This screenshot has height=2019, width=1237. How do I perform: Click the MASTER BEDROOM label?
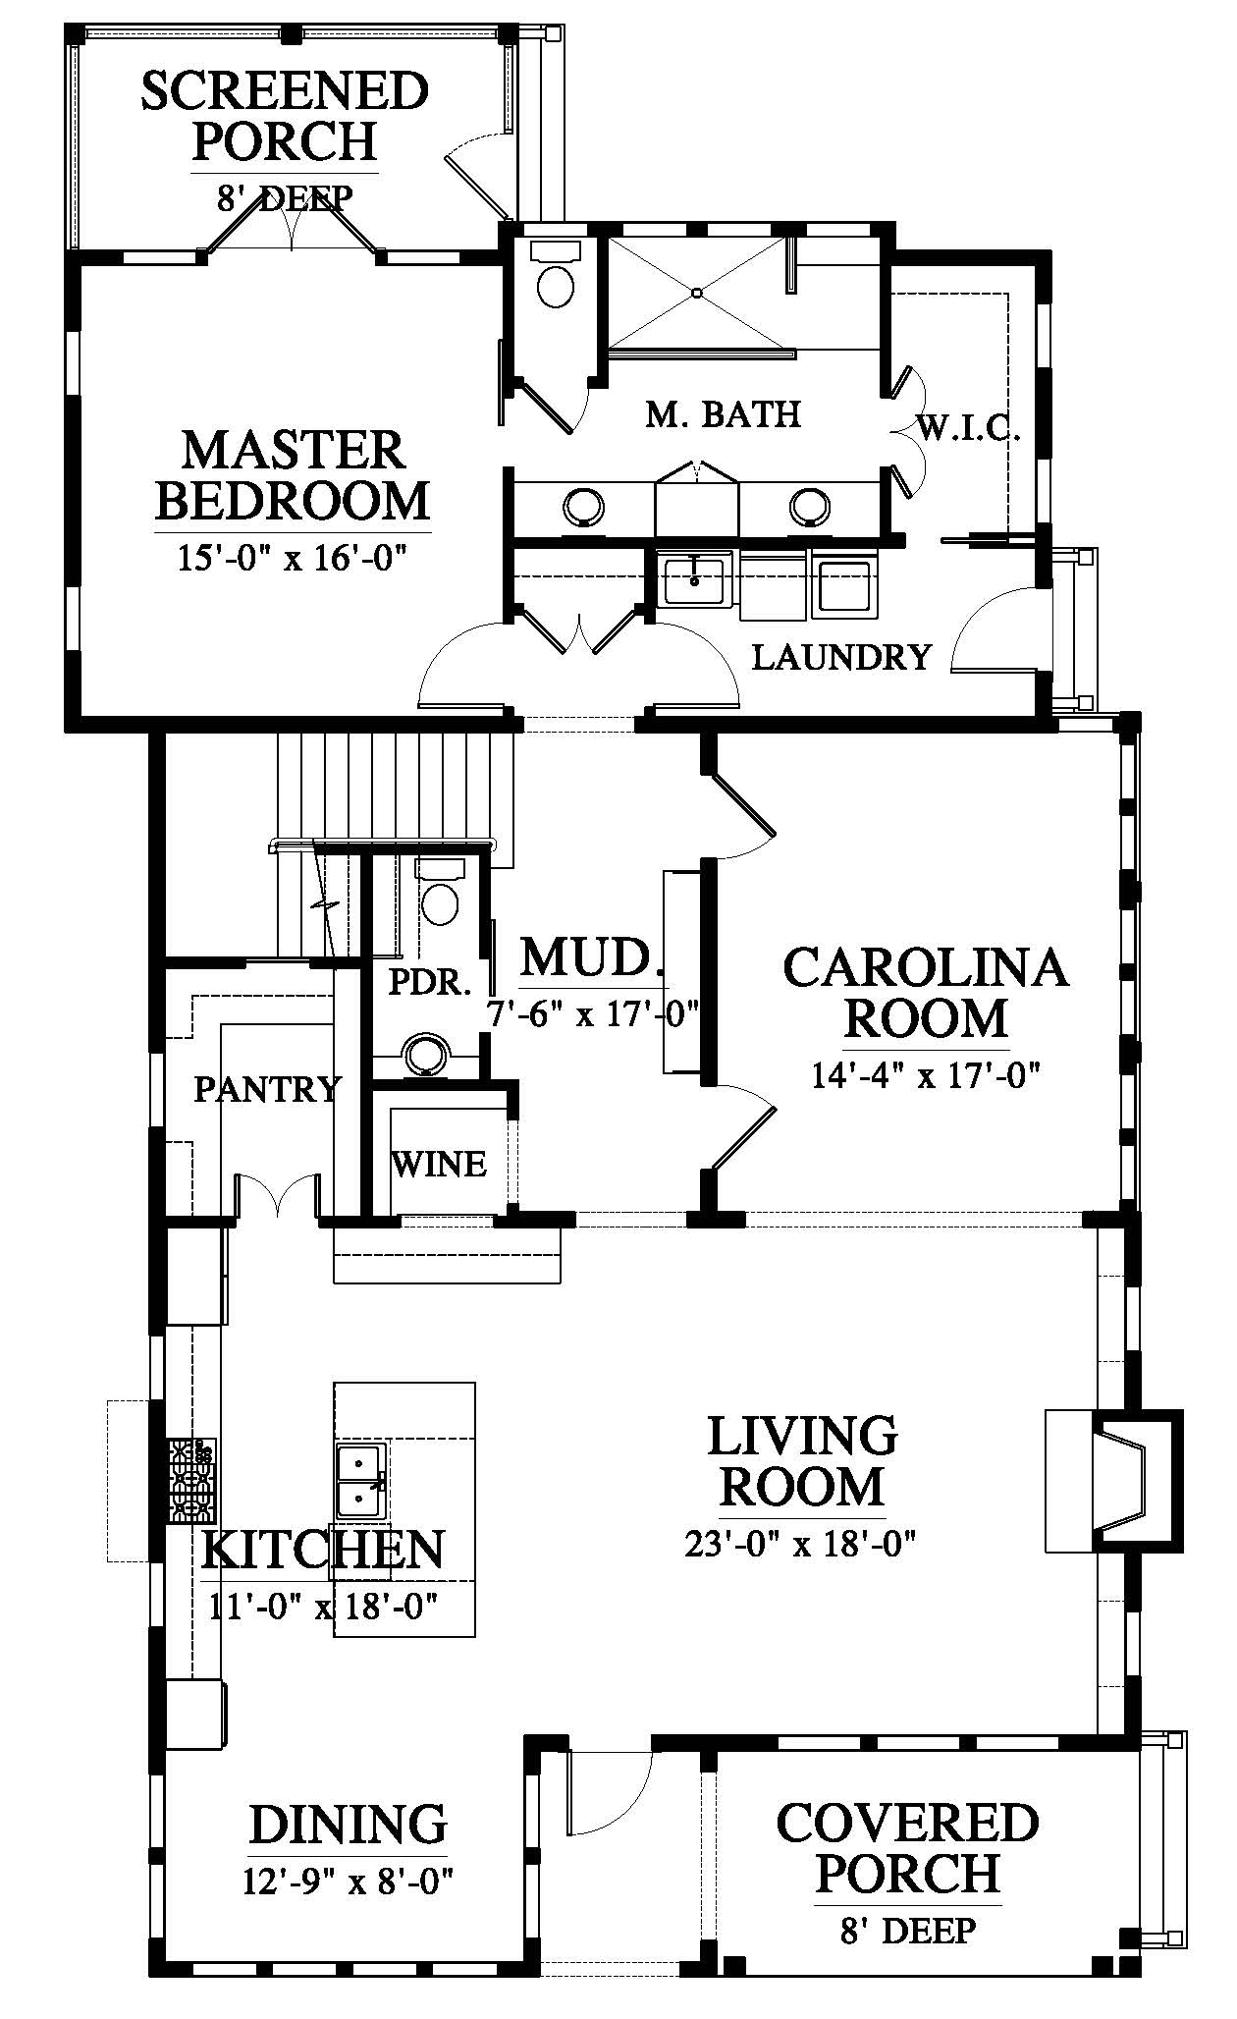293,475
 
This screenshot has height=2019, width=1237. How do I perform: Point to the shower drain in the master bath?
696,293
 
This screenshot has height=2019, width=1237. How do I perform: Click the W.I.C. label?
969,428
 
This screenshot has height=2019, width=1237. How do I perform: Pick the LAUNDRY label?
841,656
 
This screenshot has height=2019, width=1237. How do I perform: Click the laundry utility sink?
695,578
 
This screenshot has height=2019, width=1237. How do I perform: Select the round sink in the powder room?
426,1054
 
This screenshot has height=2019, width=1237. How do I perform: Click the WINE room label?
439,1164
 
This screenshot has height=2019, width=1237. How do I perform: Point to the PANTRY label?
266,1088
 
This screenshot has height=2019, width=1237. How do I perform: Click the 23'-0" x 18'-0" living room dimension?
800,1546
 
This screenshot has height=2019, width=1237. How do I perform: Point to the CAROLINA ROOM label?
925,992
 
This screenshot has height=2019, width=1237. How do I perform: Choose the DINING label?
348,1825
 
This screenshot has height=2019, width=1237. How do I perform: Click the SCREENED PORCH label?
285,116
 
